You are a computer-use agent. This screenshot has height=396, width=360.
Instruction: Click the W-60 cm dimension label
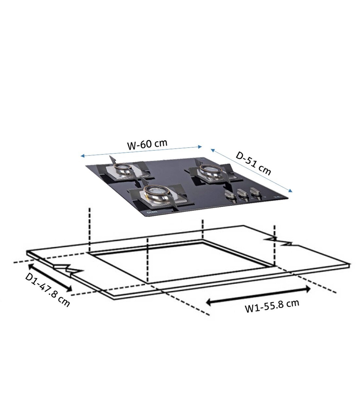point(147,144)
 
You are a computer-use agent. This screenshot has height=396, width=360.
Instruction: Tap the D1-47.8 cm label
point(48,290)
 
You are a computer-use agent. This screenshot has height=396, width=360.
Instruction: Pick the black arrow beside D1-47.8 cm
point(50,277)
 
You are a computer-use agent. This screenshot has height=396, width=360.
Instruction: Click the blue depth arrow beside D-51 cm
point(251,171)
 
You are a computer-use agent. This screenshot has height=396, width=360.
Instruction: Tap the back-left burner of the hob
point(121,169)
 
